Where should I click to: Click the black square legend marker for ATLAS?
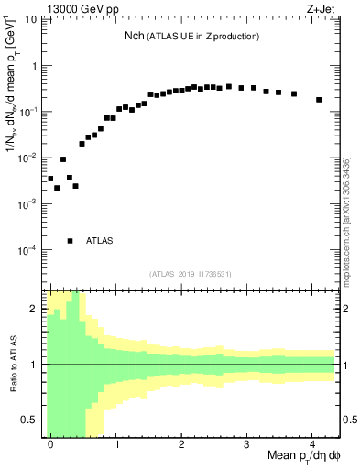point(71,241)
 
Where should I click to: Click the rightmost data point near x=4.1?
point(319,100)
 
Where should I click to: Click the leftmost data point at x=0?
point(50,179)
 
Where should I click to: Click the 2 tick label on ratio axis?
point(35,309)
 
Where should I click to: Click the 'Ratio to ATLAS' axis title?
point(12,365)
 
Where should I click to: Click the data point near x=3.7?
point(294,93)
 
